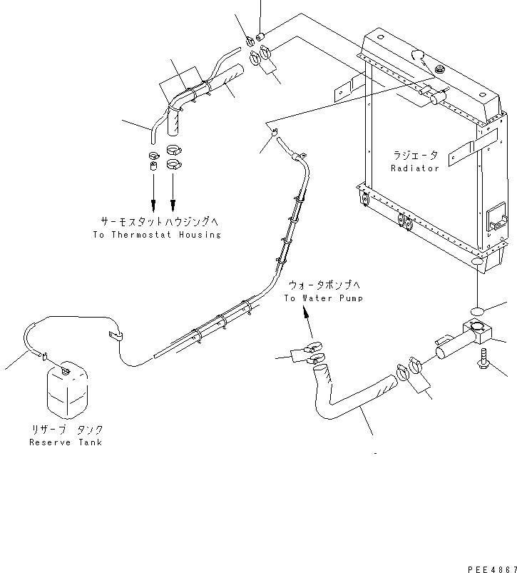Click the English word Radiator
click(415, 168)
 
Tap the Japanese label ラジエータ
click(415, 155)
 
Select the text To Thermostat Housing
click(157, 235)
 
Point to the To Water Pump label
click(323, 298)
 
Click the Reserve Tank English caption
click(66, 442)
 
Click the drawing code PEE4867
click(492, 569)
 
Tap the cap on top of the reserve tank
click(66, 369)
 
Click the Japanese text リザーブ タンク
click(66, 430)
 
